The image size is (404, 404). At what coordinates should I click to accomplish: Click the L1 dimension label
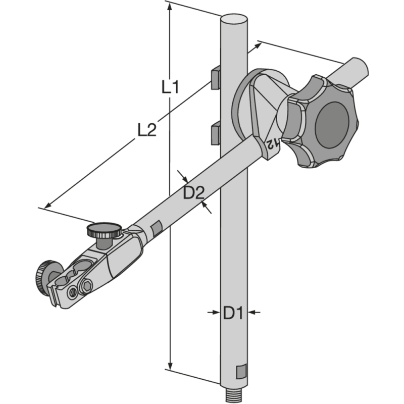(x=170, y=87)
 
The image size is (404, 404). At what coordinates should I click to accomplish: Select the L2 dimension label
(x=147, y=130)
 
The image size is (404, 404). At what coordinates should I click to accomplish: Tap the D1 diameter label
(x=233, y=313)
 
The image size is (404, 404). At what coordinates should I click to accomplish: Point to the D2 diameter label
(x=193, y=192)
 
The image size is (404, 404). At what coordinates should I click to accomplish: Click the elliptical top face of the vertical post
(x=234, y=19)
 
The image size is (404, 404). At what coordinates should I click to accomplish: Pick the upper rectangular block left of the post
(x=216, y=78)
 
